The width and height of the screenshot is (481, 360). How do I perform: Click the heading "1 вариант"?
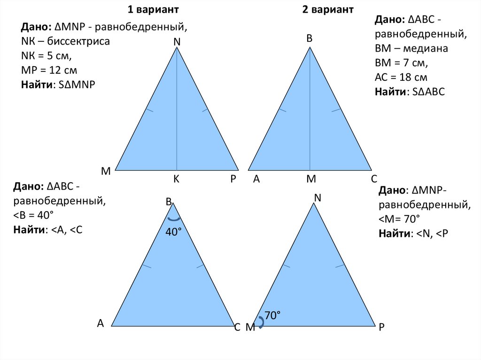153,9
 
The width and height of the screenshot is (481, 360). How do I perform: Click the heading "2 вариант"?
328,9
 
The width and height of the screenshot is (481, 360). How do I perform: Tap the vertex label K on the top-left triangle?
177,179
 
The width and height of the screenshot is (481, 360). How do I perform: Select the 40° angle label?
174,232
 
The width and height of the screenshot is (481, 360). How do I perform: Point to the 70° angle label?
273,315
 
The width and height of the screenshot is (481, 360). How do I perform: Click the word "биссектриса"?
78,41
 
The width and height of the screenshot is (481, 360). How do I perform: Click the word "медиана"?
425,48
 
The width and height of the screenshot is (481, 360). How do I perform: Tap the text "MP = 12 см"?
49,70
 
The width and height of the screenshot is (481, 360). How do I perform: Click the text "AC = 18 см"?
401,77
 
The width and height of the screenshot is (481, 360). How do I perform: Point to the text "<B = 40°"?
33,215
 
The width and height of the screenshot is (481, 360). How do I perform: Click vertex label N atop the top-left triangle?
177,42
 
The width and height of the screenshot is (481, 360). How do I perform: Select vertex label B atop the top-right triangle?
309,38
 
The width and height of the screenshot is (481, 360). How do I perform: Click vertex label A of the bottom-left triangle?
101,323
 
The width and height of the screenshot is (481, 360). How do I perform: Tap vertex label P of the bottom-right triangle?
381,327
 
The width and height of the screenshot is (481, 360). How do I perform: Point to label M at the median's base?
311,179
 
